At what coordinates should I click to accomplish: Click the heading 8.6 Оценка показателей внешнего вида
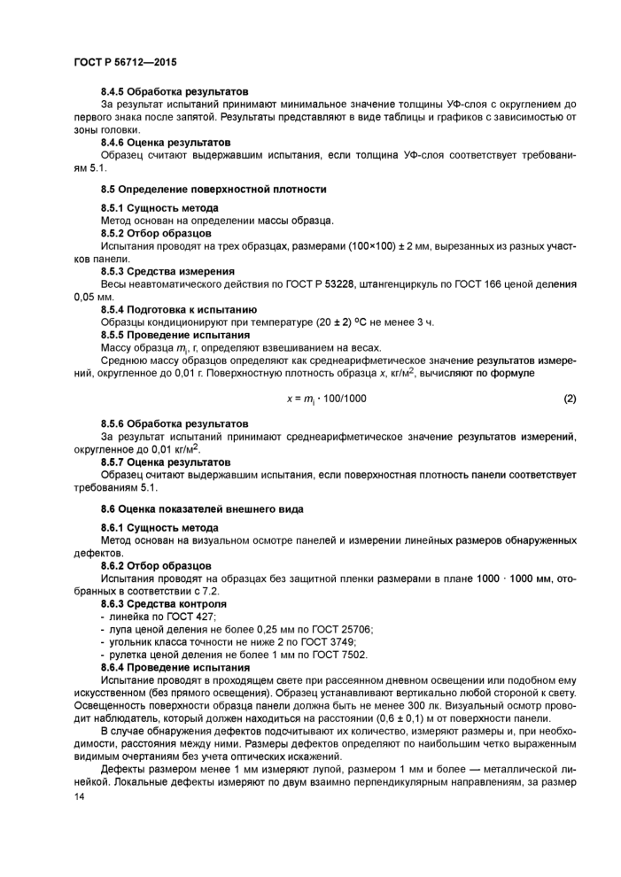tap(202, 509)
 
